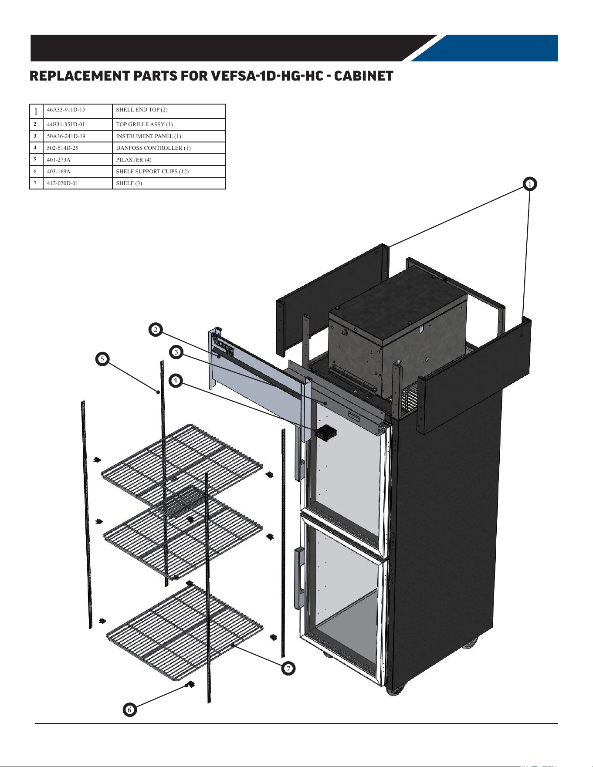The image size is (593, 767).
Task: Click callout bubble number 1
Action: click(530, 184)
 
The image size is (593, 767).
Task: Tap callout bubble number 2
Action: click(156, 330)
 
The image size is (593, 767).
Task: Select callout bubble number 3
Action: click(176, 352)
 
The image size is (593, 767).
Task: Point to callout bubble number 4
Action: click(175, 381)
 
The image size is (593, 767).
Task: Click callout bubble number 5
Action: click(102, 359)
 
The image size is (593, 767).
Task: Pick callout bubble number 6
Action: click(129, 710)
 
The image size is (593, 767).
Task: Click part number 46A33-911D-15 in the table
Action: click(66, 110)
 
